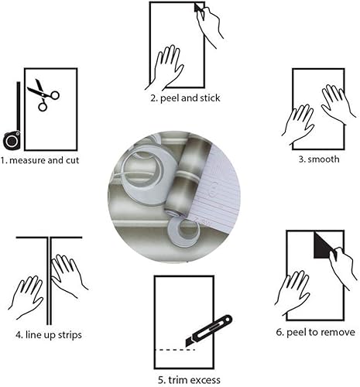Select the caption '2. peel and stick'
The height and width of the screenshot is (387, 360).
(x=186, y=98)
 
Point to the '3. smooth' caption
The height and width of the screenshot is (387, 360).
(x=316, y=159)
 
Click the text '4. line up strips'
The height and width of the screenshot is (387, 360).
(x=50, y=334)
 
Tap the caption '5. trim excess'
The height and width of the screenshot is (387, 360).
(x=190, y=379)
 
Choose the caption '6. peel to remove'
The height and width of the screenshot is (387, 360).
(x=316, y=332)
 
